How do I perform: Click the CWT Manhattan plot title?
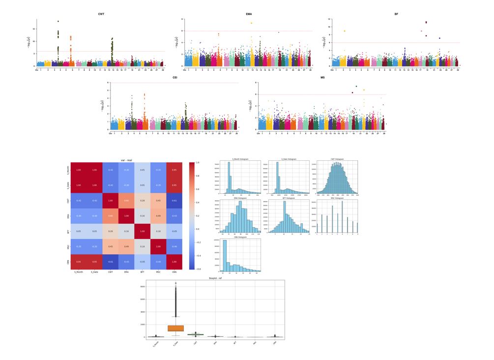(101, 14)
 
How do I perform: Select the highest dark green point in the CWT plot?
(58, 21)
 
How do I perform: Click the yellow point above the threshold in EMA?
(251, 23)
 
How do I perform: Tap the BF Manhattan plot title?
(396, 14)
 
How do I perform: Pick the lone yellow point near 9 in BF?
(345, 31)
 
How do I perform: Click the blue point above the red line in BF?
(439, 38)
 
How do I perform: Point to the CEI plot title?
(175, 78)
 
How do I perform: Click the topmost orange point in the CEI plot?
(144, 94)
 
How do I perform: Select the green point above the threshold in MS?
(356, 87)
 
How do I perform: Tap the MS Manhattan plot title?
(322, 78)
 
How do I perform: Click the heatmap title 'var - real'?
(127, 160)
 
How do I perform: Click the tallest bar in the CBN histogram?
(225, 256)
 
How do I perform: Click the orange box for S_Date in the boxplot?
(175, 328)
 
